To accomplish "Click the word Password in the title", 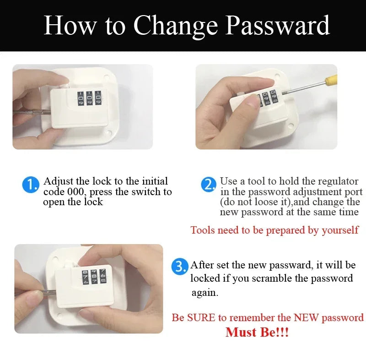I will click(x=278, y=25).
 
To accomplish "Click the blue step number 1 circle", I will click(x=31, y=185).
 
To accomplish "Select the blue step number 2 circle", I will click(x=209, y=185).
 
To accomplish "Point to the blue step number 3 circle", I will click(x=180, y=267).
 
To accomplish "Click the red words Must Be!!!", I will click(x=257, y=332).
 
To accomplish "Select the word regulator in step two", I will click(x=336, y=181).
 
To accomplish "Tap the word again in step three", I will click(x=205, y=292).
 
